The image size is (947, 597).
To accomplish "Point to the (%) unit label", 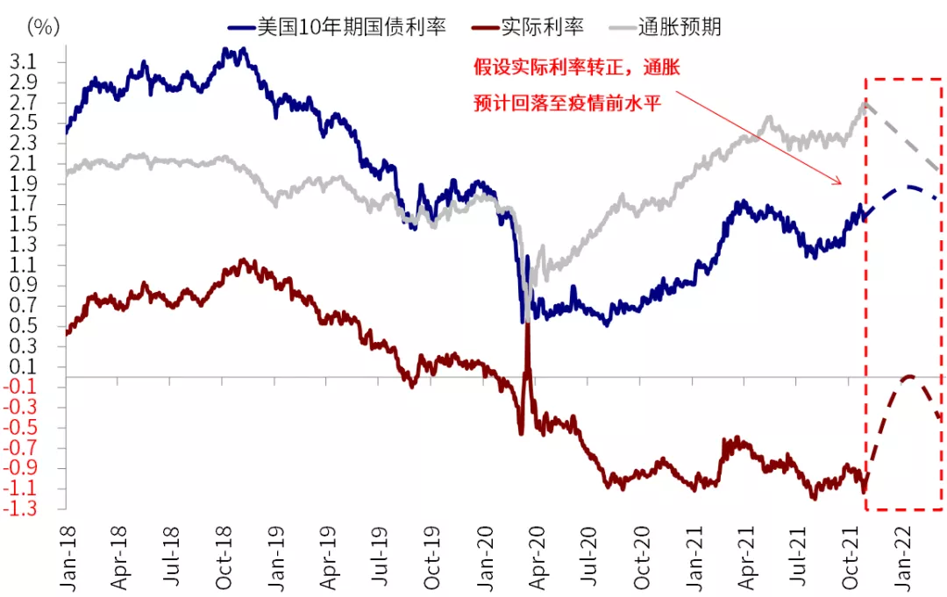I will [x=43, y=26].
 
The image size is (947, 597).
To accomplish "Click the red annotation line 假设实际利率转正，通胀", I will [x=575, y=68].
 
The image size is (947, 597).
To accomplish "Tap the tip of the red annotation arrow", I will [x=841, y=183].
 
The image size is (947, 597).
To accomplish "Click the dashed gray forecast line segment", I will [x=903, y=140].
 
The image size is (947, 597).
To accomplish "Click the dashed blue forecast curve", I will [x=908, y=188].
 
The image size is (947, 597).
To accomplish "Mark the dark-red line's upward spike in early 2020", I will [x=528, y=329].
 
